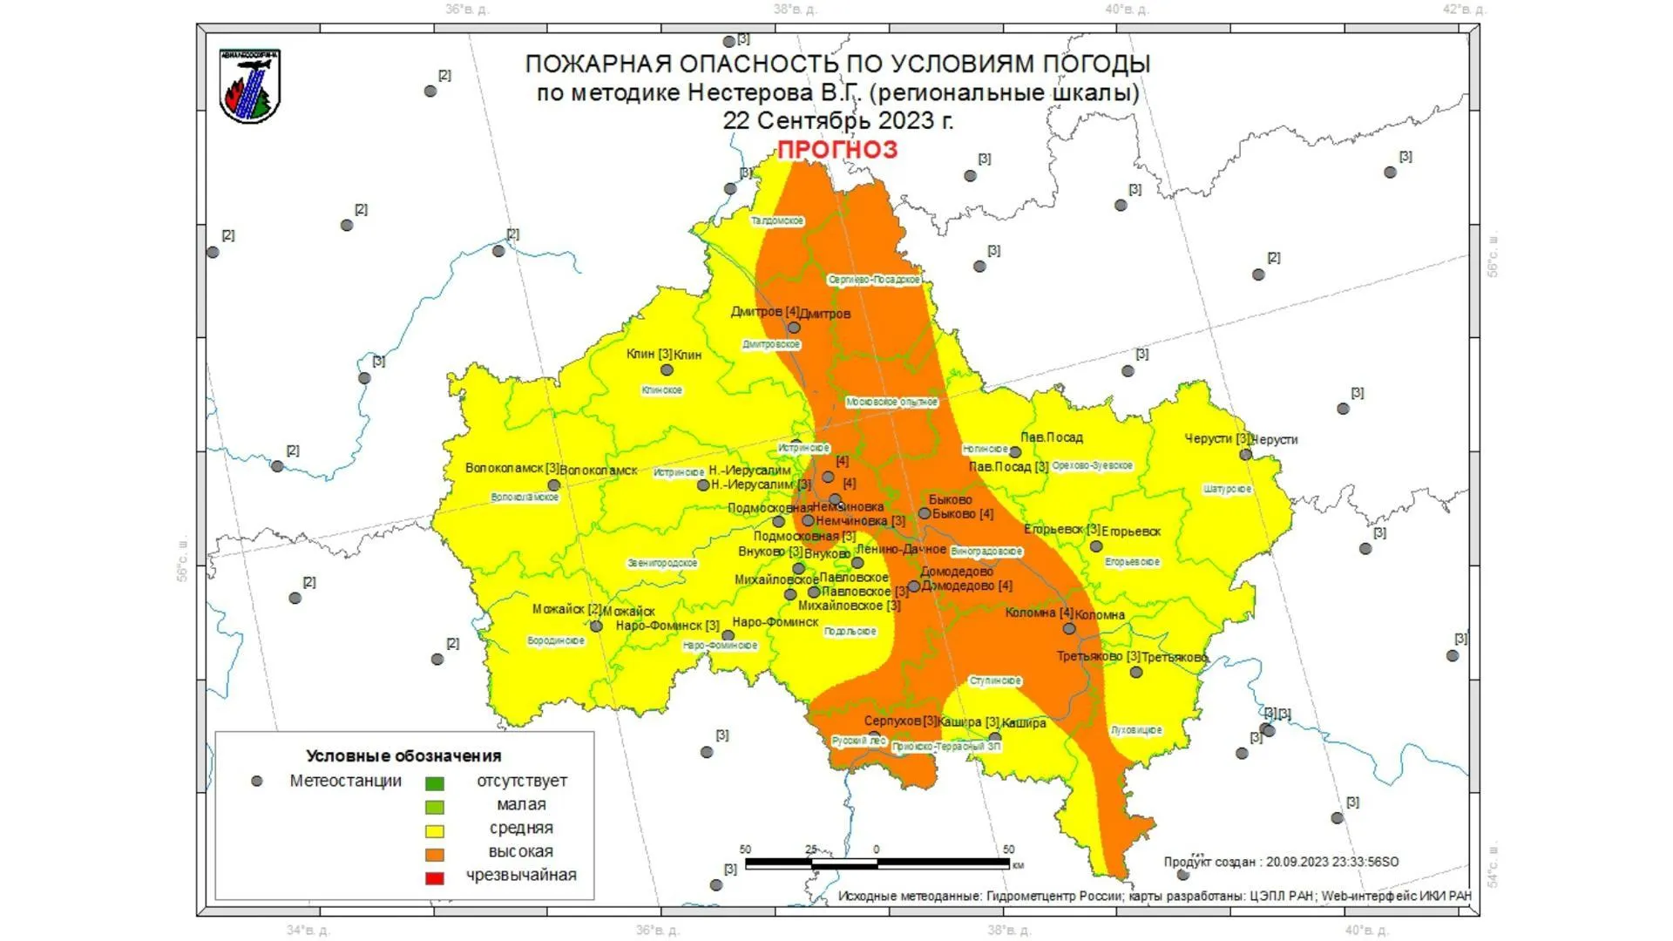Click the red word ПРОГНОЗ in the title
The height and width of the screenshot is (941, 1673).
[836, 149]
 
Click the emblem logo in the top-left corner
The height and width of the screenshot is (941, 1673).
[250, 86]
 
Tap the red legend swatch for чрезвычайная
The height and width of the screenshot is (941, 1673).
[434, 877]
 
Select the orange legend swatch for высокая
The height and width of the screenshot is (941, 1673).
[434, 854]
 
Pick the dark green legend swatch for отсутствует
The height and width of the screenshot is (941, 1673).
[434, 783]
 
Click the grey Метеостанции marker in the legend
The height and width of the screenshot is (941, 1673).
[257, 782]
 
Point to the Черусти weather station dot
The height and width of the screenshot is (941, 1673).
[1245, 454]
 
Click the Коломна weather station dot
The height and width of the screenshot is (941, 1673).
[1069, 628]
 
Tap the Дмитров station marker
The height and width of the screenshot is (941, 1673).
[794, 328]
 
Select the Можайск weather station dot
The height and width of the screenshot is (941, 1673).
[596, 626]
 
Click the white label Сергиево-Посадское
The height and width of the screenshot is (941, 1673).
[874, 280]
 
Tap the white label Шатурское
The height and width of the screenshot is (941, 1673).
[1227, 490]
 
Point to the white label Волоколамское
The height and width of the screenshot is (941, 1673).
[525, 498]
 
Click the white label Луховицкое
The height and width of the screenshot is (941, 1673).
[1136, 730]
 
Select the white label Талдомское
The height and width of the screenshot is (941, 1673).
[777, 221]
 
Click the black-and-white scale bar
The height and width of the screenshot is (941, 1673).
[877, 863]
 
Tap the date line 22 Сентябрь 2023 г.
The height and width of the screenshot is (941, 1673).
[837, 120]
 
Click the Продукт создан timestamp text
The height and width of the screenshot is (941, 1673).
[1281, 862]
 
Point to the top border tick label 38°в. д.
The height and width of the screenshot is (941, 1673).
[795, 10]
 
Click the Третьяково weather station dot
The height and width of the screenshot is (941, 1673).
[1135, 672]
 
